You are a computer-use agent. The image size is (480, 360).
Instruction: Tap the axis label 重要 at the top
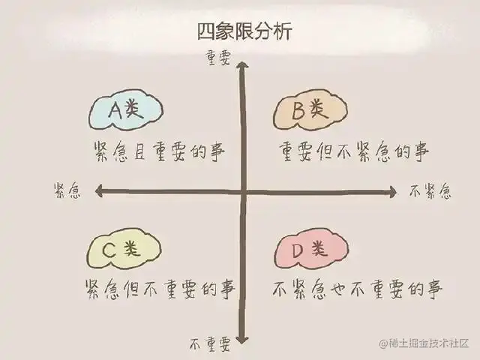point(218,57)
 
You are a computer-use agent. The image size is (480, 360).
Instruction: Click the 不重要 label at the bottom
point(209,344)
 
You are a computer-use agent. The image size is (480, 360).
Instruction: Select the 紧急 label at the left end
point(67,190)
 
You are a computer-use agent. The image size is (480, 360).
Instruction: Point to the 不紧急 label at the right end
point(430,191)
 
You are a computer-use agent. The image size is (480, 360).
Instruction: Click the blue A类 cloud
point(125,112)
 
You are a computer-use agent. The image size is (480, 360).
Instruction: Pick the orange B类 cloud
point(310,112)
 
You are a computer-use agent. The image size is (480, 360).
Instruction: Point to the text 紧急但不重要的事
point(160,289)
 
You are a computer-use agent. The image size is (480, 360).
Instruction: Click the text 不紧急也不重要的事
point(357,289)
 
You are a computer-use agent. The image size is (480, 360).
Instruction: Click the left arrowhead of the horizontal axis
point(97,192)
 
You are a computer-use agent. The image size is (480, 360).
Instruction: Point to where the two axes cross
point(243,192)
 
